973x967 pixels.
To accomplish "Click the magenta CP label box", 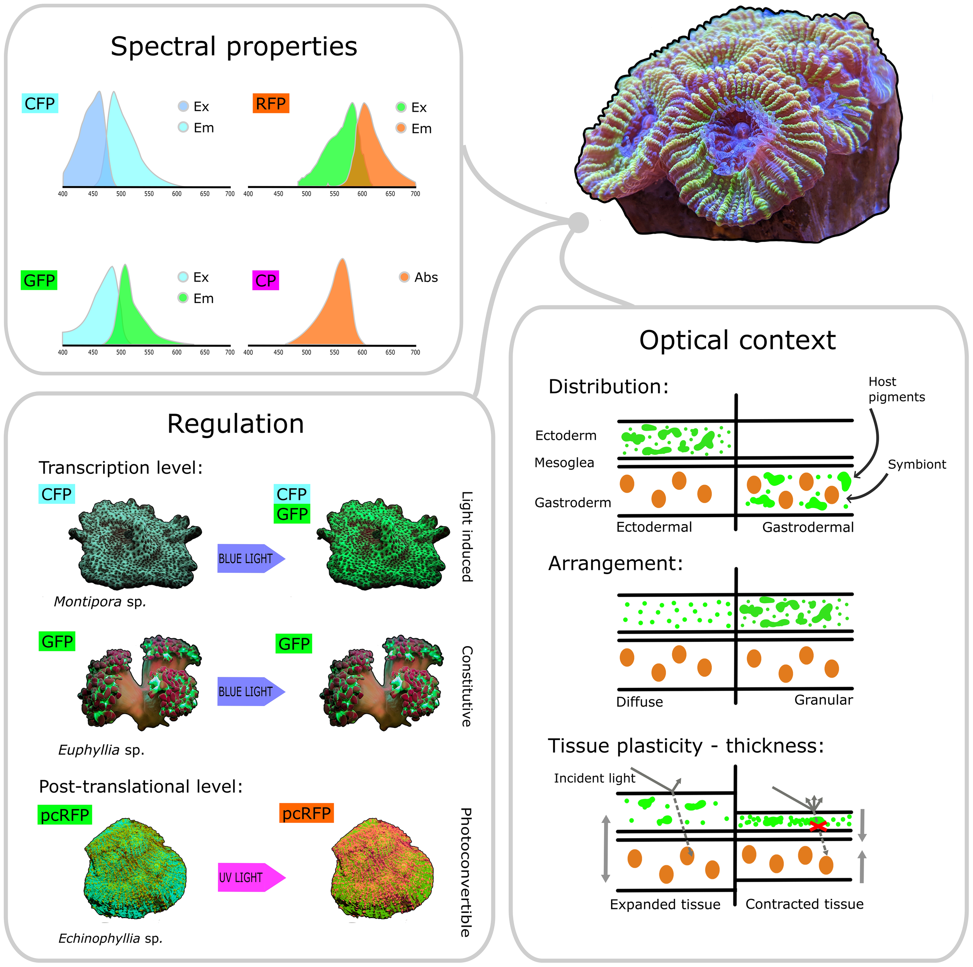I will pos(265,280).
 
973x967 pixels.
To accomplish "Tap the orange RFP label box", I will pos(270,103).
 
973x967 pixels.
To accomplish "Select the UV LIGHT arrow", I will pos(250,877).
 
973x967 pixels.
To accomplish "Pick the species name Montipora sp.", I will pos(100,602).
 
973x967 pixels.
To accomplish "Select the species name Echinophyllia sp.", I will pos(110,938).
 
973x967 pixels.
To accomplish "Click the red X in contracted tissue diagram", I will pos(818,826).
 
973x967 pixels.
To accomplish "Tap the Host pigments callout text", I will pos(896,389).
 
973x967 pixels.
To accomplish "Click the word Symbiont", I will pos(917,464).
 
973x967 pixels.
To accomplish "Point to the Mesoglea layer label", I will pos(564,463).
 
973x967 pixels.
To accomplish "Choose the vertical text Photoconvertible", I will pos(466,872).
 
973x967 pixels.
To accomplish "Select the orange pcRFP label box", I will pos(306,813).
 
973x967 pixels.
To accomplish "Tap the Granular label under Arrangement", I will pos(824,700).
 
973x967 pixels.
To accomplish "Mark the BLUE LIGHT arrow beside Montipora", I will pos(250,558).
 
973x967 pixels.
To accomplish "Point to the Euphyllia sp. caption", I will pos(101,750).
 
